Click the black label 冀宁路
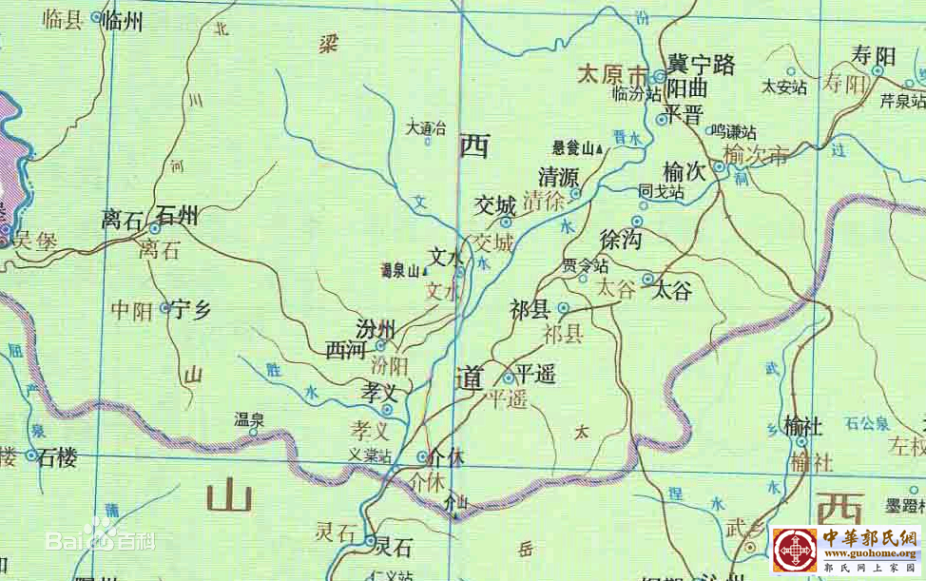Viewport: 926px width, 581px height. pyautogui.click(x=701, y=65)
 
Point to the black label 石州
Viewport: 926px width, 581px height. pyautogui.click(x=177, y=216)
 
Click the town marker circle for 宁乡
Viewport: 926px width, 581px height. pyautogui.click(x=165, y=307)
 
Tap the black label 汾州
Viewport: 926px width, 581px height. pyautogui.click(x=376, y=329)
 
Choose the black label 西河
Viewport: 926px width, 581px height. pyautogui.click(x=345, y=351)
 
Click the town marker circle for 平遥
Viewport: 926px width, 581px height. pyautogui.click(x=508, y=378)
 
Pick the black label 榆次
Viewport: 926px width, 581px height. pyautogui.click(x=685, y=172)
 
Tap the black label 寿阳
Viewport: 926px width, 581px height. pyautogui.click(x=874, y=56)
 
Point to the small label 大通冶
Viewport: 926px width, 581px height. pyautogui.click(x=426, y=126)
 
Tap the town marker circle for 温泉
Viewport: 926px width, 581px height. pyautogui.click(x=253, y=432)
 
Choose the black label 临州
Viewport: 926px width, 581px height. pyautogui.click(x=121, y=19)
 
